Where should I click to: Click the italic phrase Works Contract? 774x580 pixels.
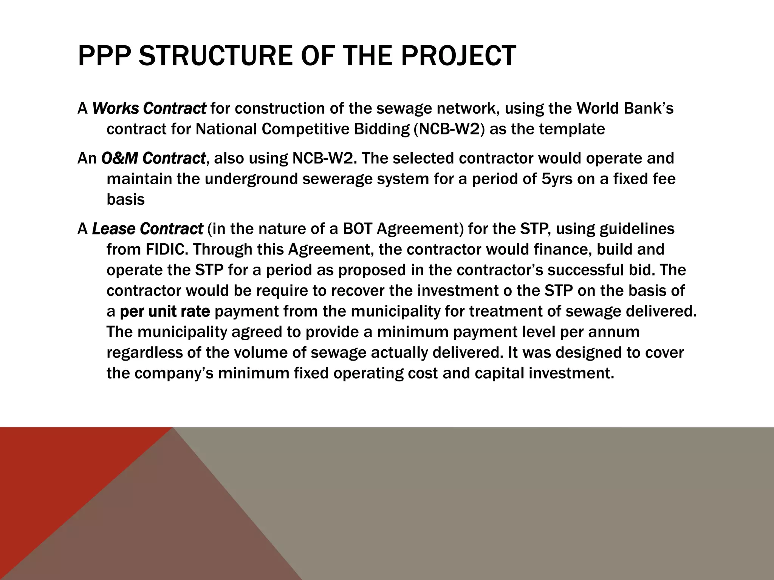pyautogui.click(x=149, y=109)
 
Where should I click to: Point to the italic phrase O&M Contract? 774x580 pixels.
pyautogui.click(x=153, y=158)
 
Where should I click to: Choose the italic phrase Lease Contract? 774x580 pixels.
pyautogui.click(x=147, y=229)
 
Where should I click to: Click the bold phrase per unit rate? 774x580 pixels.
pyautogui.click(x=165, y=312)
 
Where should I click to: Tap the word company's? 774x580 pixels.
pyautogui.click(x=174, y=373)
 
